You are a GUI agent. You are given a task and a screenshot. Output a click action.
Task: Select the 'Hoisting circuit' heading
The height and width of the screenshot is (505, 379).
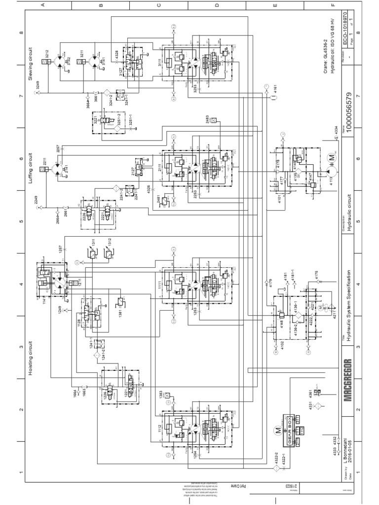(31, 358)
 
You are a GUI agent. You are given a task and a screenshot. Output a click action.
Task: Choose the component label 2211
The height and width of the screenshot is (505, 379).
(43, 161)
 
